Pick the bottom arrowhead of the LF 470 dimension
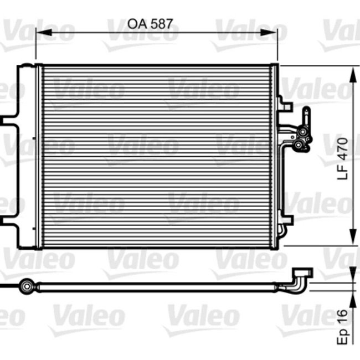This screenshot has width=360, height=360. click(352, 241)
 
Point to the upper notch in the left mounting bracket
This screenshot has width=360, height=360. click(8, 119)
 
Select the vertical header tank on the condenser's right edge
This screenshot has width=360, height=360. click(274, 155)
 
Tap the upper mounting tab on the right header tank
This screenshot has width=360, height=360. click(285, 104)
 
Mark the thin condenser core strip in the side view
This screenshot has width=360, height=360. click(155, 286)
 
